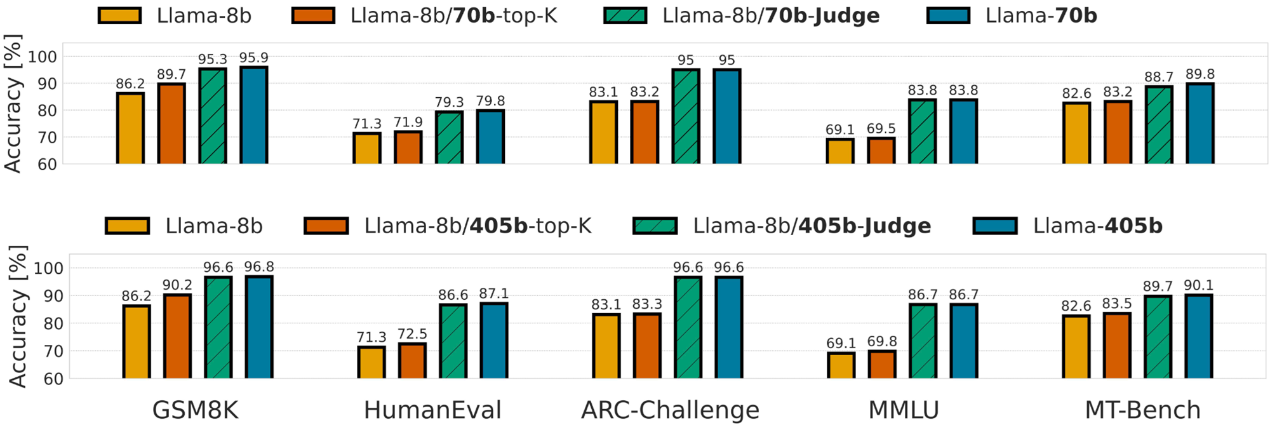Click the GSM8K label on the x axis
(x=196, y=410)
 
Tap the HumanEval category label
(x=432, y=410)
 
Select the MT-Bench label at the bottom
(x=1142, y=410)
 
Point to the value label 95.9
(x=254, y=58)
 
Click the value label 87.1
(x=493, y=293)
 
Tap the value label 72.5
(x=412, y=334)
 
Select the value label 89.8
(x=1200, y=74)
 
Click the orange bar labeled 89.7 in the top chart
(x=171, y=123)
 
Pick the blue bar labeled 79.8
(x=490, y=137)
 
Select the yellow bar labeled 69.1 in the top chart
(x=839, y=151)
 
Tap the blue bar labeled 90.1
(x=1198, y=336)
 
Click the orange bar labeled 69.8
(x=882, y=364)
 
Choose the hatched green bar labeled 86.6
(x=453, y=341)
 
